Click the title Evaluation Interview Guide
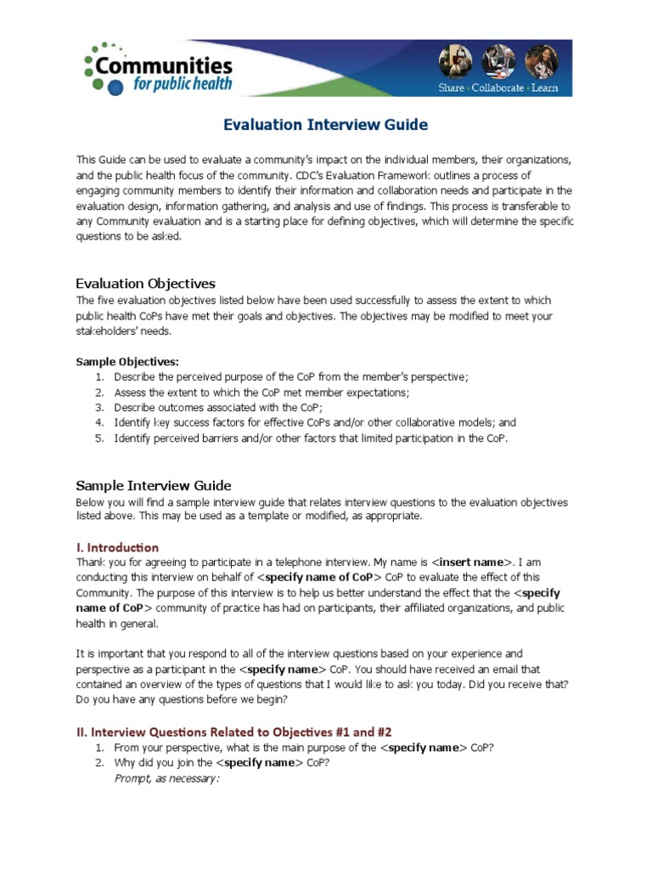click(x=325, y=125)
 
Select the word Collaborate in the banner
click(x=497, y=88)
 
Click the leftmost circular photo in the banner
click(x=452, y=62)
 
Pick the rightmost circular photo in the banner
click(x=539, y=62)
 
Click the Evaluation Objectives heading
click(x=145, y=283)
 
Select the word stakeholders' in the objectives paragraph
click(x=107, y=330)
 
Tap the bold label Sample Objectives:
click(x=127, y=361)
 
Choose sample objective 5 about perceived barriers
click(x=311, y=438)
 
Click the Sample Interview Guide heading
click(x=154, y=485)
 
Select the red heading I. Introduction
click(x=117, y=547)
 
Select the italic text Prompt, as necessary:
click(x=166, y=777)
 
